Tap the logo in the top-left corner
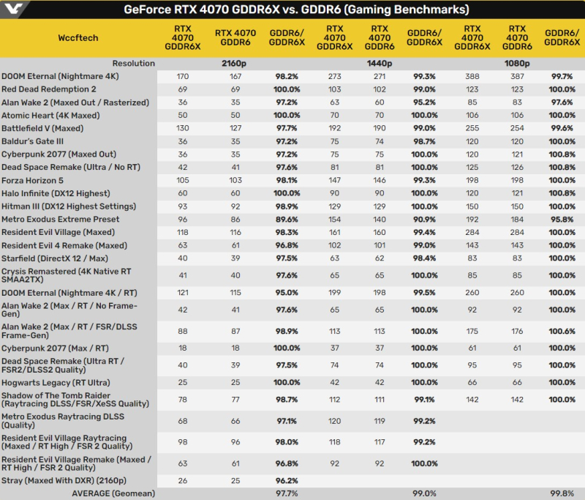pos(14,10)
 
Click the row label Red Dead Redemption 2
pos(48,89)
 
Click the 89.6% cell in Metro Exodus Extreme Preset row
pos(287,219)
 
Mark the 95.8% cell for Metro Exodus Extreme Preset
pos(562,219)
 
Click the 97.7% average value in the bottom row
pos(287,493)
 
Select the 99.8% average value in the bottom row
pos(562,493)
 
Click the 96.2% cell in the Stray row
pos(287,480)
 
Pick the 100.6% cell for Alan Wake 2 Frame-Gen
pos(562,330)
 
